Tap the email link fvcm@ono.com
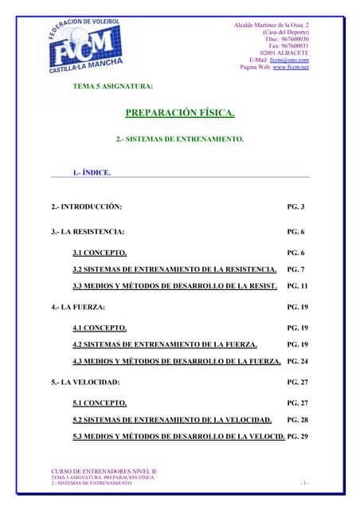point(289,60)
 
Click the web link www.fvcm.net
point(291,67)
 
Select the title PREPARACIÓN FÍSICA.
point(180,113)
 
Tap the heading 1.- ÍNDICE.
point(92,172)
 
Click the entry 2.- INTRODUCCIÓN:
point(87,207)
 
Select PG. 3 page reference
point(295,207)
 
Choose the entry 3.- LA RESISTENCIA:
point(88,232)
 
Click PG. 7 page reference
point(295,269)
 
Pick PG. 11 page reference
point(297,285)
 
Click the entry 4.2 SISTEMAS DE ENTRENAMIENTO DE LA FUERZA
point(165,344)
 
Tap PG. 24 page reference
point(297,362)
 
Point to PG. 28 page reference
point(297,420)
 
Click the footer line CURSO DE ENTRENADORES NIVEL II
point(104,472)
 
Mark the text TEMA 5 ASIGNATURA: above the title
point(113,85)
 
